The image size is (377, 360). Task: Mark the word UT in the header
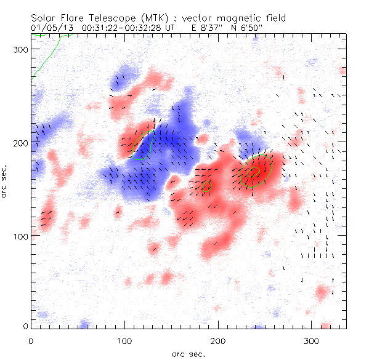(x=169, y=28)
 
